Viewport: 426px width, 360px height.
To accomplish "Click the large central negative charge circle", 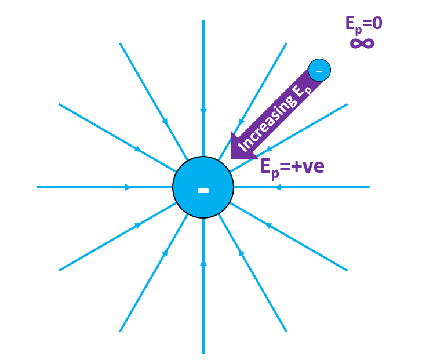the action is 203,174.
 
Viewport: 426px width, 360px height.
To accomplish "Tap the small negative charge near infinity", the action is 319,70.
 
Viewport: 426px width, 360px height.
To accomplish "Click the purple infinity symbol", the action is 362,43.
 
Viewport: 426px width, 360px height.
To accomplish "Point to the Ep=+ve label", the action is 292,166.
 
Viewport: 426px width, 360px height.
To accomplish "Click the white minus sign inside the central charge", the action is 203,190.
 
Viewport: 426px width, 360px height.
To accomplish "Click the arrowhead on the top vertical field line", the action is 203,111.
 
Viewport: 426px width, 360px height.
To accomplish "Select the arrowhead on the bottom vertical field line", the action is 203,263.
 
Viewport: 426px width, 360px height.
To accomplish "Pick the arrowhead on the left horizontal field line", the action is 128,187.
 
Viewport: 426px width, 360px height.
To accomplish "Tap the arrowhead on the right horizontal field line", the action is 278,187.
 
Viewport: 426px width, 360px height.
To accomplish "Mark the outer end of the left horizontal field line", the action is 37,187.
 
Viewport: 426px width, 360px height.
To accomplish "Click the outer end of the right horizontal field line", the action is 369,187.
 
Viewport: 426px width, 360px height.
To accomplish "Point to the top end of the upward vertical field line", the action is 203,21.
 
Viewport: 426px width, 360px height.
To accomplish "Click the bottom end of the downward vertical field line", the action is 203,352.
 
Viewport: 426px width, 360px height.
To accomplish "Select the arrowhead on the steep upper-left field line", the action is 165,122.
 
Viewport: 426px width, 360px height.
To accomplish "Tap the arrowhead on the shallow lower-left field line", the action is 138,225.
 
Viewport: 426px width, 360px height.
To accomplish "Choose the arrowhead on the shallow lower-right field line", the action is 268,225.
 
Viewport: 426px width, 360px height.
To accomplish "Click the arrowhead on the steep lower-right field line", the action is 241,253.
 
